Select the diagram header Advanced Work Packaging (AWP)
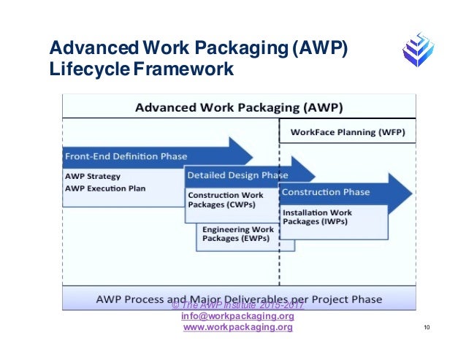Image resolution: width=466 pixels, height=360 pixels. point(240,108)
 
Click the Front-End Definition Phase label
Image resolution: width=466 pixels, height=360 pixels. point(126,156)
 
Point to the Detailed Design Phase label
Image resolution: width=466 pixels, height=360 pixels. point(238,175)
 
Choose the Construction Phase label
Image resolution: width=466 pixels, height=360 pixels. point(326,192)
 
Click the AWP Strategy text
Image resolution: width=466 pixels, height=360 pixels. point(93,177)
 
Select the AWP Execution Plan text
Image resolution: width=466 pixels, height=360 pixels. point(105,188)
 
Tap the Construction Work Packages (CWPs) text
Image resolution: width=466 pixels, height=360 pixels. point(226,200)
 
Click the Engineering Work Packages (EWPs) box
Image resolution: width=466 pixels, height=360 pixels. point(237,234)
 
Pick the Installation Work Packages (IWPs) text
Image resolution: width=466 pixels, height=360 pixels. point(315,217)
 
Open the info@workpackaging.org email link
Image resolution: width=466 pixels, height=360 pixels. point(237,317)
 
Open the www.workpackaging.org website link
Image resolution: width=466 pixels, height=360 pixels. point(237,328)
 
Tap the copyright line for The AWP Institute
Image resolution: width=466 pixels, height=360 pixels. point(237,306)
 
